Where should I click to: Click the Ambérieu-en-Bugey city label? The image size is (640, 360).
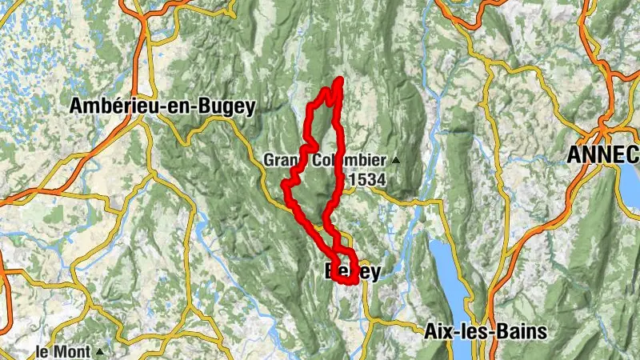[x=162, y=106]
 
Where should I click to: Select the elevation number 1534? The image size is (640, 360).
[x=366, y=181]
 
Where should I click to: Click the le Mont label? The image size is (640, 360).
[x=64, y=350]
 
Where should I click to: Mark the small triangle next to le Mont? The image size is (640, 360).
[x=100, y=351]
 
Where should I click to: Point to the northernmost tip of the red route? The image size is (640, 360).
[x=340, y=80]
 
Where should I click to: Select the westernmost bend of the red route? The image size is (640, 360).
[x=284, y=186]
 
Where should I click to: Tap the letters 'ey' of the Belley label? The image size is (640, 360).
[x=370, y=273]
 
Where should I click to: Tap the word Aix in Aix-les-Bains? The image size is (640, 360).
[x=438, y=331]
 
